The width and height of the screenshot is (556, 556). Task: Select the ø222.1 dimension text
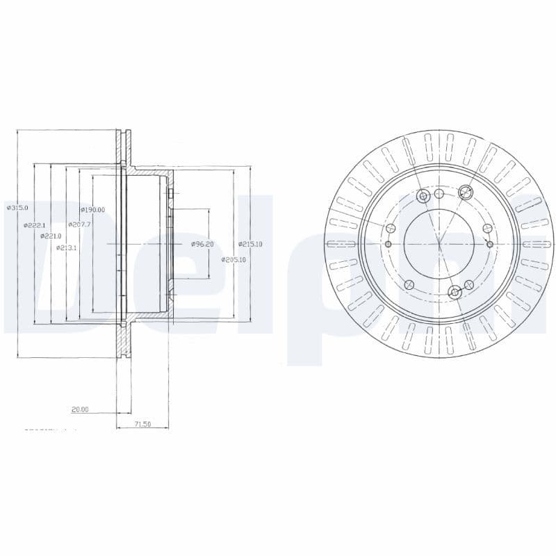[x=34, y=225]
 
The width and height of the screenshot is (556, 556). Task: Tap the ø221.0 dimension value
[x=51, y=236]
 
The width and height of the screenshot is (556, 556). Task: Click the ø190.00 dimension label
[x=92, y=210]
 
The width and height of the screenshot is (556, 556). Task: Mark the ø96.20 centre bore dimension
[x=202, y=244]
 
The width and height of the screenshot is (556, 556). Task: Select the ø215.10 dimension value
[x=250, y=244]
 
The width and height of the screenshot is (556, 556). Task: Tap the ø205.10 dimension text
[x=234, y=259]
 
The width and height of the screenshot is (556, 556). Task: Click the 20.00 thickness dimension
[x=80, y=409]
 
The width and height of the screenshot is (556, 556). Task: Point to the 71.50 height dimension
[x=142, y=424]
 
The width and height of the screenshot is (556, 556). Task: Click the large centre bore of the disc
[x=439, y=244]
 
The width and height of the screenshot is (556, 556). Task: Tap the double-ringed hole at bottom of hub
[x=455, y=292]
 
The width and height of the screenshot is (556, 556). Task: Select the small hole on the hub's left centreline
[x=389, y=244]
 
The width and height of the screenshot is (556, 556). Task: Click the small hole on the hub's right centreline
[x=491, y=244]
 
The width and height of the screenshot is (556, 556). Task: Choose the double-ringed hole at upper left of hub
[x=422, y=197]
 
